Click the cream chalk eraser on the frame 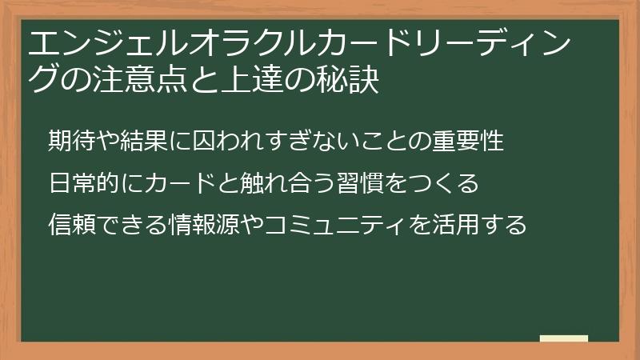point(564,338)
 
